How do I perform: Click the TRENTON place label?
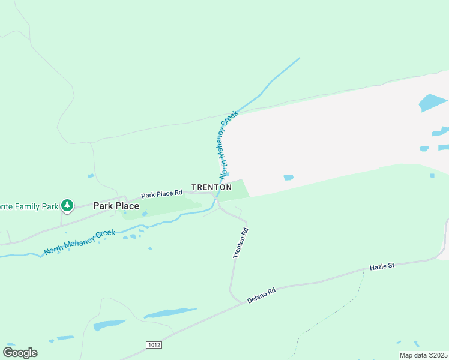click(x=211, y=187)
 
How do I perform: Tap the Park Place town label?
click(x=116, y=206)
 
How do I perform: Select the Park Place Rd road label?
click(x=161, y=194)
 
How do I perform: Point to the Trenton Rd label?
click(x=241, y=244)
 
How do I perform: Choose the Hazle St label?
click(x=381, y=266)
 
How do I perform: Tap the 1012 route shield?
click(x=154, y=345)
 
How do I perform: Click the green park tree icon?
click(x=67, y=206)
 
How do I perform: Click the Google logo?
click(x=20, y=353)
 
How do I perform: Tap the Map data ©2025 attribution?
click(x=423, y=355)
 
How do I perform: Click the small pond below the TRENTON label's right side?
click(x=288, y=178)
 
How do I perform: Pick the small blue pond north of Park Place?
click(x=91, y=176)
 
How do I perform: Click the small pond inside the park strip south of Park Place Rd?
click(x=145, y=213)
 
